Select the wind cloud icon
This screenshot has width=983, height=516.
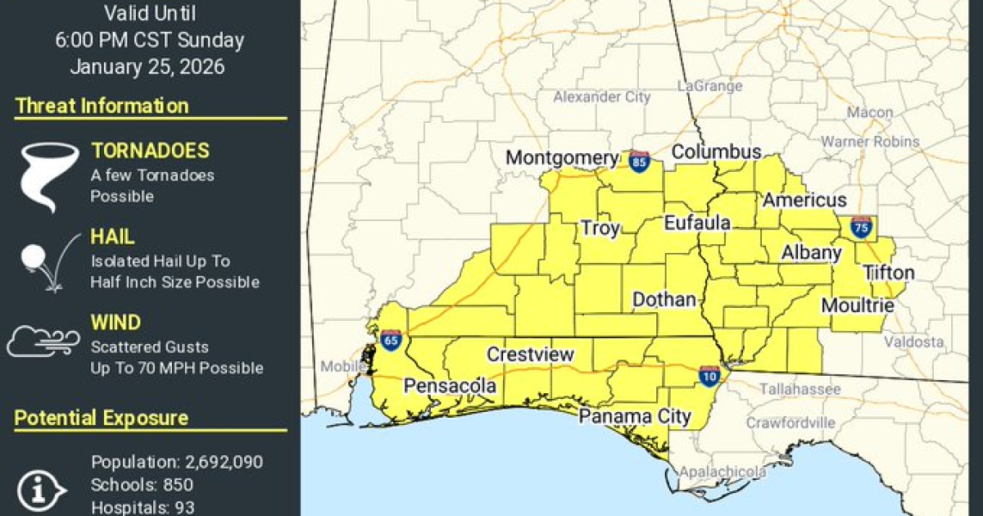(x=43, y=342)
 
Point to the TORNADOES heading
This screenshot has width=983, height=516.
(x=150, y=151)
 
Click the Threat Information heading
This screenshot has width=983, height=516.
(x=102, y=106)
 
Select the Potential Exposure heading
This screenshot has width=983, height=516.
(x=102, y=419)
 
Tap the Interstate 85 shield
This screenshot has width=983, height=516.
(x=640, y=161)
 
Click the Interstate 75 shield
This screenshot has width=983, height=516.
(x=861, y=226)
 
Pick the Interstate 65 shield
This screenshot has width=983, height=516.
(x=391, y=340)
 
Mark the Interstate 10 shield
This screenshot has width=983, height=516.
(x=709, y=376)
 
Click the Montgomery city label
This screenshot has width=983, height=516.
(x=561, y=158)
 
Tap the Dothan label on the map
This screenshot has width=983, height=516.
(x=664, y=300)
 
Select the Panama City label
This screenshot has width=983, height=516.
(x=635, y=416)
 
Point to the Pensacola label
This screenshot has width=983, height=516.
(x=450, y=385)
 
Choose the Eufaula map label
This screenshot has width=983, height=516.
(x=696, y=223)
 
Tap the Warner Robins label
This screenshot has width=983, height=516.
(x=871, y=142)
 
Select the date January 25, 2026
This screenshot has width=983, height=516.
(x=147, y=67)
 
